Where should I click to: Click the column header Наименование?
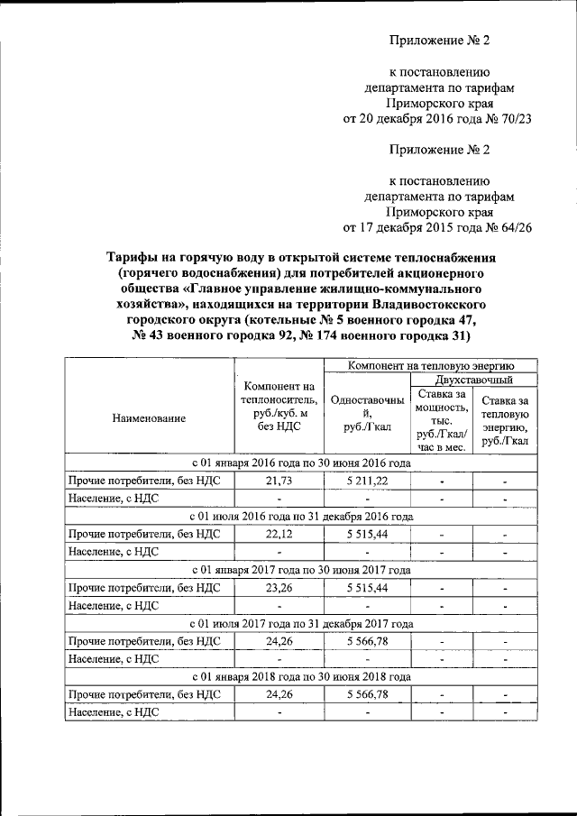point(150,418)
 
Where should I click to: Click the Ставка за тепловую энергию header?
point(504,420)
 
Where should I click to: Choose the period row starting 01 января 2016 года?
point(303,463)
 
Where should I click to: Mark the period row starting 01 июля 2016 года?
point(303,517)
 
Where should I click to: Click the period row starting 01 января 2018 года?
point(303,675)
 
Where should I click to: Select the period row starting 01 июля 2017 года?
point(303,623)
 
